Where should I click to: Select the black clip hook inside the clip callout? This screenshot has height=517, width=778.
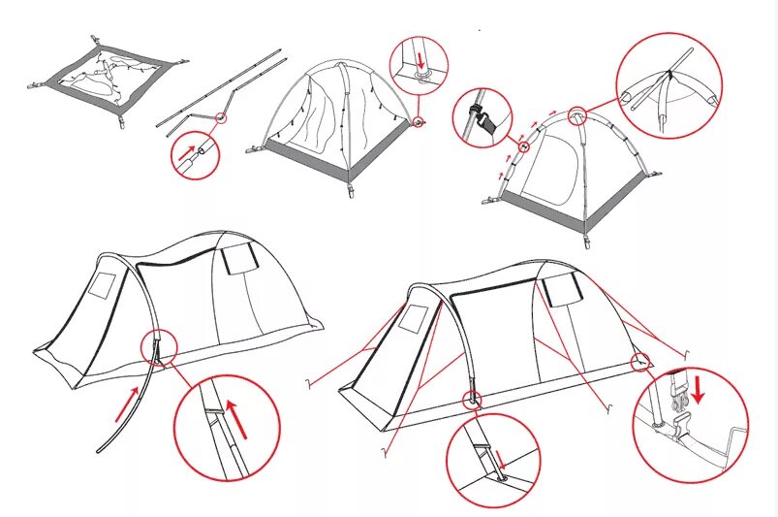point(487,121)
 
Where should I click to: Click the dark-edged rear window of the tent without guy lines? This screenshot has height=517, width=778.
point(236,259)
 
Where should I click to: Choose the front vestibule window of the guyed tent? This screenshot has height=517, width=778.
point(416,319)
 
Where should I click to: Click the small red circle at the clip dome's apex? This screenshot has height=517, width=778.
point(577,115)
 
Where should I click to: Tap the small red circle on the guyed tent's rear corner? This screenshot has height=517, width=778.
point(640,362)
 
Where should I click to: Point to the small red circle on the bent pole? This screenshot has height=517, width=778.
point(221,118)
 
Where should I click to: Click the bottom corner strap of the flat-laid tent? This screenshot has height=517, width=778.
point(123,122)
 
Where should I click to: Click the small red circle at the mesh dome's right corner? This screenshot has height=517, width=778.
point(418,123)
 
